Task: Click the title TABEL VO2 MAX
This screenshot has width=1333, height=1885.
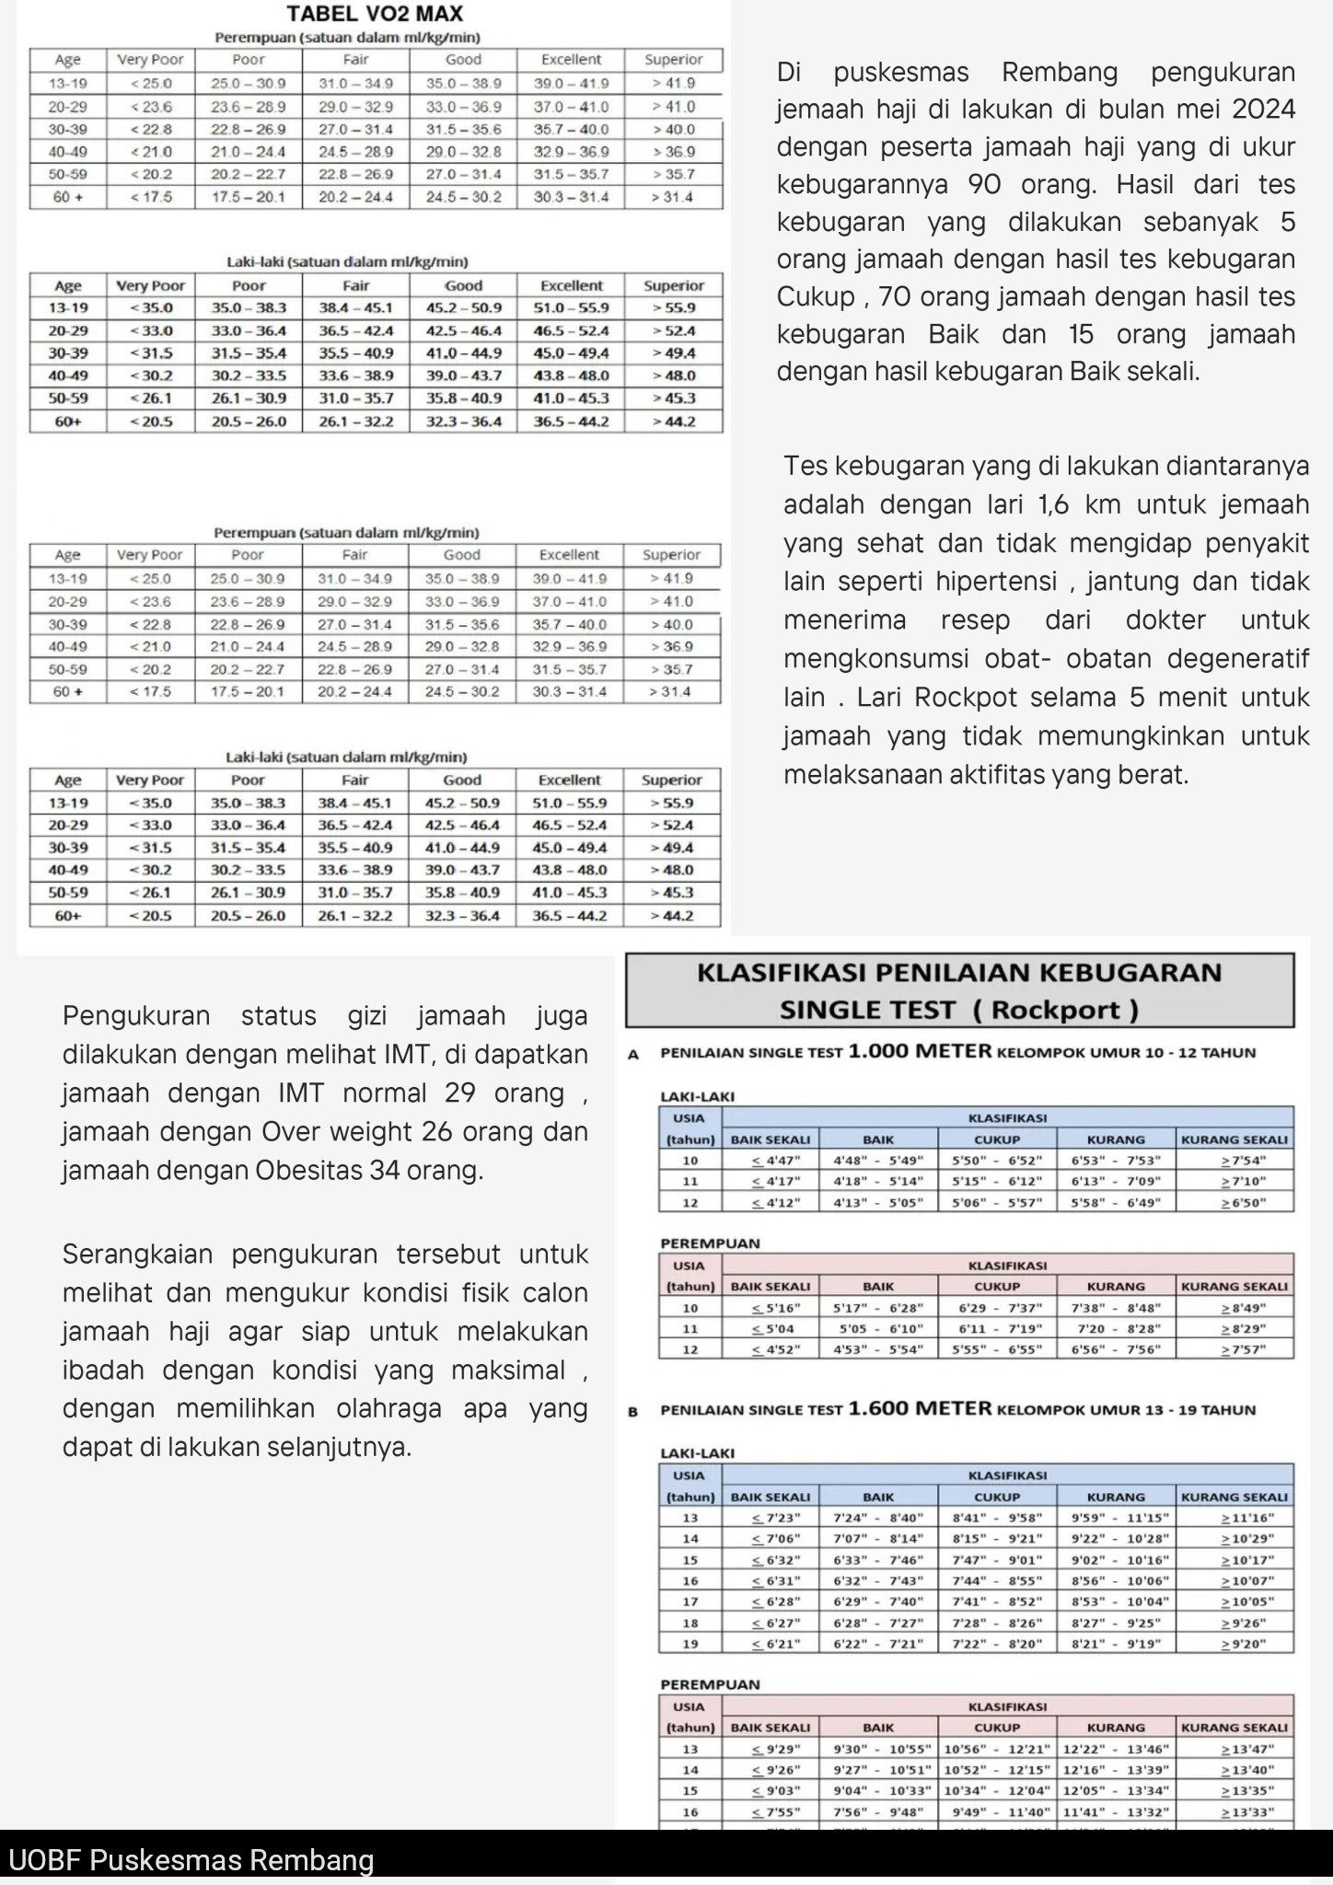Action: [x=375, y=14]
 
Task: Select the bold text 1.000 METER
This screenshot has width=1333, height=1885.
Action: [x=920, y=1052]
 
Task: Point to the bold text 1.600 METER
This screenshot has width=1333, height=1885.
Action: [x=920, y=1409]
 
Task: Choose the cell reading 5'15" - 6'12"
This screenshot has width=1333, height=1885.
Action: [x=997, y=1182]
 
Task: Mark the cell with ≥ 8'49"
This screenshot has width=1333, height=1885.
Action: [x=1234, y=1308]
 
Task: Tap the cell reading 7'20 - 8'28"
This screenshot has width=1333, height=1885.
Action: [x=1116, y=1329]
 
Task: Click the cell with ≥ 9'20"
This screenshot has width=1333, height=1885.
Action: [x=1234, y=1644]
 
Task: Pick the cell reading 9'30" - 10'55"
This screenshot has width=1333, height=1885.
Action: [x=878, y=1749]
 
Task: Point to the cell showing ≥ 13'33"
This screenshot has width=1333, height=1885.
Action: [x=1234, y=1812]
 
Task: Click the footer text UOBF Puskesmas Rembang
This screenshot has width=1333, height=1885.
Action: [x=191, y=1860]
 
